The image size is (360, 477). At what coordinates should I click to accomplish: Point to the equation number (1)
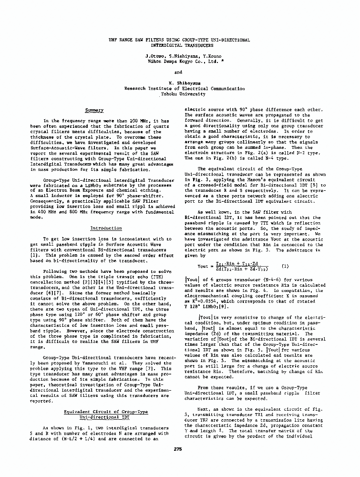point(285,266)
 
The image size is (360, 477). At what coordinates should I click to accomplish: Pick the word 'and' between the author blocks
point(178,72)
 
